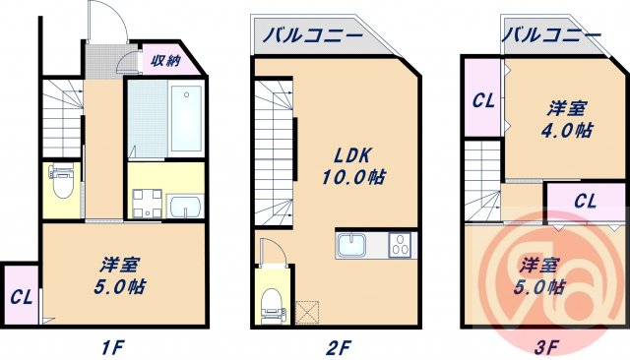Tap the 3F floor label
pyautogui.click(x=548, y=345)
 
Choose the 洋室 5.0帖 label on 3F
pyautogui.click(x=542, y=276)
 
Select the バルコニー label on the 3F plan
pyautogui.click(x=551, y=35)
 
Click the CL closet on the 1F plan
pyautogui.click(x=20, y=295)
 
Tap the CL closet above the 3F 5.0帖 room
pyautogui.click(x=585, y=202)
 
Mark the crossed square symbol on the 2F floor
pyautogui.click(x=307, y=313)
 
